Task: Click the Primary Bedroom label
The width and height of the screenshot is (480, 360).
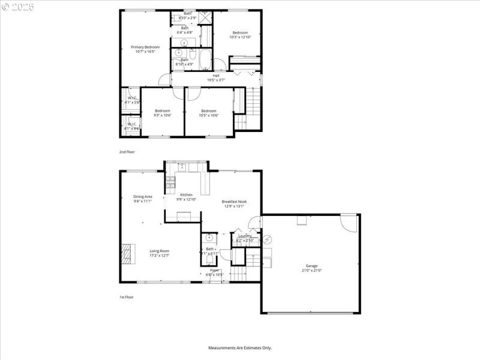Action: pos(145,47)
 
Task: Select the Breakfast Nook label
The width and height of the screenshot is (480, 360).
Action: pos(234,202)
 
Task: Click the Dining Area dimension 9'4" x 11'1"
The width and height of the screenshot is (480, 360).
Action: pos(143,202)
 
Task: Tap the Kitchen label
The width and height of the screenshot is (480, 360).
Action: pos(187,195)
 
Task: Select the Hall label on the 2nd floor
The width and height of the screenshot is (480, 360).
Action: pos(215,76)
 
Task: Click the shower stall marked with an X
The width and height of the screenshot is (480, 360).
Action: pos(205,16)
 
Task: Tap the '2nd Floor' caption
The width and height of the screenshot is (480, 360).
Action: pos(126,152)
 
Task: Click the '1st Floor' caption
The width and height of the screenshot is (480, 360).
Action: pos(126,297)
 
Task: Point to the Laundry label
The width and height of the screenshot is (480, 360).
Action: pos(245,236)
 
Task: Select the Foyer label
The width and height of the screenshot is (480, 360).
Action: pos(215,271)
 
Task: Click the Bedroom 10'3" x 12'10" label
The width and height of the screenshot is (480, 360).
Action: pos(239,32)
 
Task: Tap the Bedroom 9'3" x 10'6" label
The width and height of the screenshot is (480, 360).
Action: pos(162,111)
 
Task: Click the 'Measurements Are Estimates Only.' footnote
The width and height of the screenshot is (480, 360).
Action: pos(240,348)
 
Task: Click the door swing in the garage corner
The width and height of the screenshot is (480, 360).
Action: pos(349,223)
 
